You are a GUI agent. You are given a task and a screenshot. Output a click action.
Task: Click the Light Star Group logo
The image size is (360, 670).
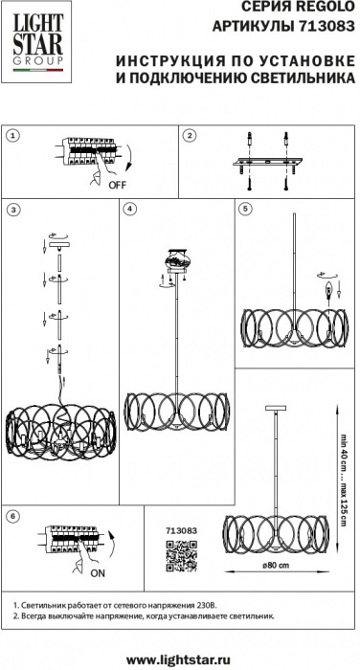coord(37,42)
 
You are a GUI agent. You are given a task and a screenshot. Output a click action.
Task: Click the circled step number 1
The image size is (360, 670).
coord(14,136)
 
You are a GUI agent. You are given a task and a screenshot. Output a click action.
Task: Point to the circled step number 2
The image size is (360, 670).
coord(189,136)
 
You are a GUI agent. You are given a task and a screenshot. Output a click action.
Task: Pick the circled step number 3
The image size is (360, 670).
coord(14,209)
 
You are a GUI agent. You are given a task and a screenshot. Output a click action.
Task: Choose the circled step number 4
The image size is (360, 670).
coord(129,209)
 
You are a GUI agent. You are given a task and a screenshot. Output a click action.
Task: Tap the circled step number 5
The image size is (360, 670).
coord(245,209)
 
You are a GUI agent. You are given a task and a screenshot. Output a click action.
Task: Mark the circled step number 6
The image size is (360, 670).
coord(14,516)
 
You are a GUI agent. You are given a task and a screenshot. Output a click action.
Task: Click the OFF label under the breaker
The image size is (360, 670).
coord(118,185)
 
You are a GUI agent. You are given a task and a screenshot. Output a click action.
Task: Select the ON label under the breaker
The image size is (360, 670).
coord(98,573)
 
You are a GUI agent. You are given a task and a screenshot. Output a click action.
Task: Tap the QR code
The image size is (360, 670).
coord(181,556)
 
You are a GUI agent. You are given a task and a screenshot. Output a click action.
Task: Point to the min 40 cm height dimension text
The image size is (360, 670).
coord(344,451)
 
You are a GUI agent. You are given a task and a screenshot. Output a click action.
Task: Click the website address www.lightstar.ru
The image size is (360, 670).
coord(179,660)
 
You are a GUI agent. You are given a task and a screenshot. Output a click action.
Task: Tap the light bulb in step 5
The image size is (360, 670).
coord(328,291)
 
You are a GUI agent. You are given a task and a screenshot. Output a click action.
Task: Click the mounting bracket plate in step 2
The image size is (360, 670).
coord(268,162)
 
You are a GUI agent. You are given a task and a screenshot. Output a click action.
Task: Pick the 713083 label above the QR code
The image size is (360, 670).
coord(181,530)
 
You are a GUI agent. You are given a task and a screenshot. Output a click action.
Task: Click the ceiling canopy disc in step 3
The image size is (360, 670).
coord(59,245)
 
